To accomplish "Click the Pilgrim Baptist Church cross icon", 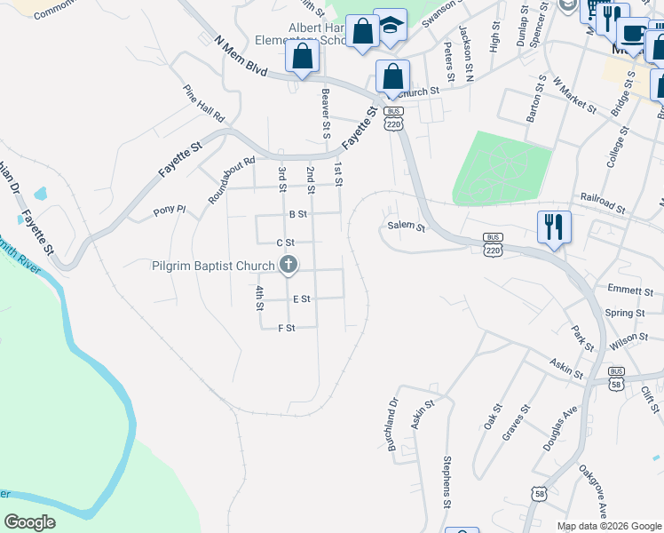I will pos(289,264).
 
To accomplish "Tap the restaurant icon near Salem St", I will pos(553,227).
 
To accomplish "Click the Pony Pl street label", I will pos(169,211).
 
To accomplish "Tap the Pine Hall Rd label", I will pos(204,105).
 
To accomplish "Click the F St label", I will pos(286,328).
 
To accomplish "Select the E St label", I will pos(301,299).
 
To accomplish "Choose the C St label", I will pos(285,243).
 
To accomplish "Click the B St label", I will pos(297,214).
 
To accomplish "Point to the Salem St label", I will pos(407,227).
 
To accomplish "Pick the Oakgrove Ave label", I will pos(592,492).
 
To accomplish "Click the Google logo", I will pos(29,522).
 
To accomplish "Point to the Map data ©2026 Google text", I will pos(608,526).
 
